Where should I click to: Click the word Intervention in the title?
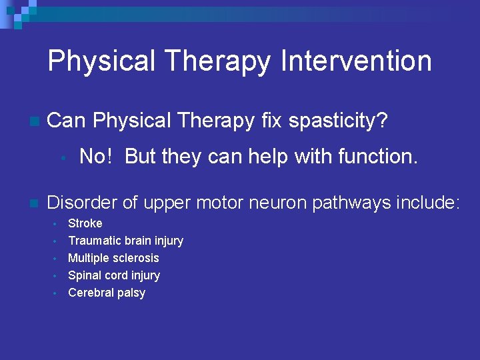pos(357,61)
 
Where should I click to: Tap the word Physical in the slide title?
pos(102,61)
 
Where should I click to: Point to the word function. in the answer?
pos(378,157)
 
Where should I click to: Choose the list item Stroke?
pos(85,223)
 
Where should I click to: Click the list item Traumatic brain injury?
pos(125,241)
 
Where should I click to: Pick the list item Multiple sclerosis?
pos(113,258)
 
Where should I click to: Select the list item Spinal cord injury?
pos(114,275)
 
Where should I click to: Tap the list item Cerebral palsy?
pos(107,293)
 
